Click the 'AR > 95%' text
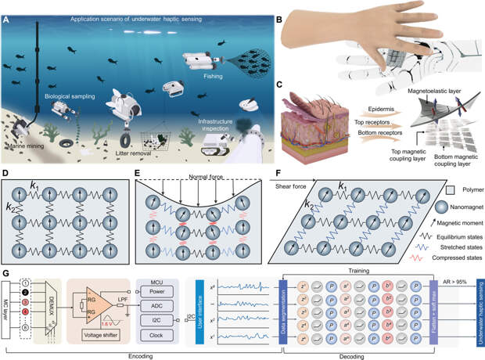coord(452,276)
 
